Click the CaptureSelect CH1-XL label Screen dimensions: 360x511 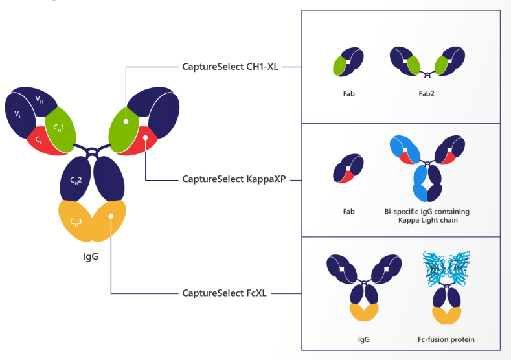pos(231,66)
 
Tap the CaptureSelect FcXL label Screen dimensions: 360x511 pos(227,293)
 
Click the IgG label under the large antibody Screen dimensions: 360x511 pos(91,262)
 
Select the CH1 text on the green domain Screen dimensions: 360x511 pos(58,128)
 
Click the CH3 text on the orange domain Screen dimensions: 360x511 pos(76,222)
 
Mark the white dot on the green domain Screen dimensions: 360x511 pos(126,120)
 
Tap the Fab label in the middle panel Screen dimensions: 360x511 pos(349,212)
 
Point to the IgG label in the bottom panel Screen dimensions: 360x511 pos(365,339)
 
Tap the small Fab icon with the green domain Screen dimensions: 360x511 pos(347,62)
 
